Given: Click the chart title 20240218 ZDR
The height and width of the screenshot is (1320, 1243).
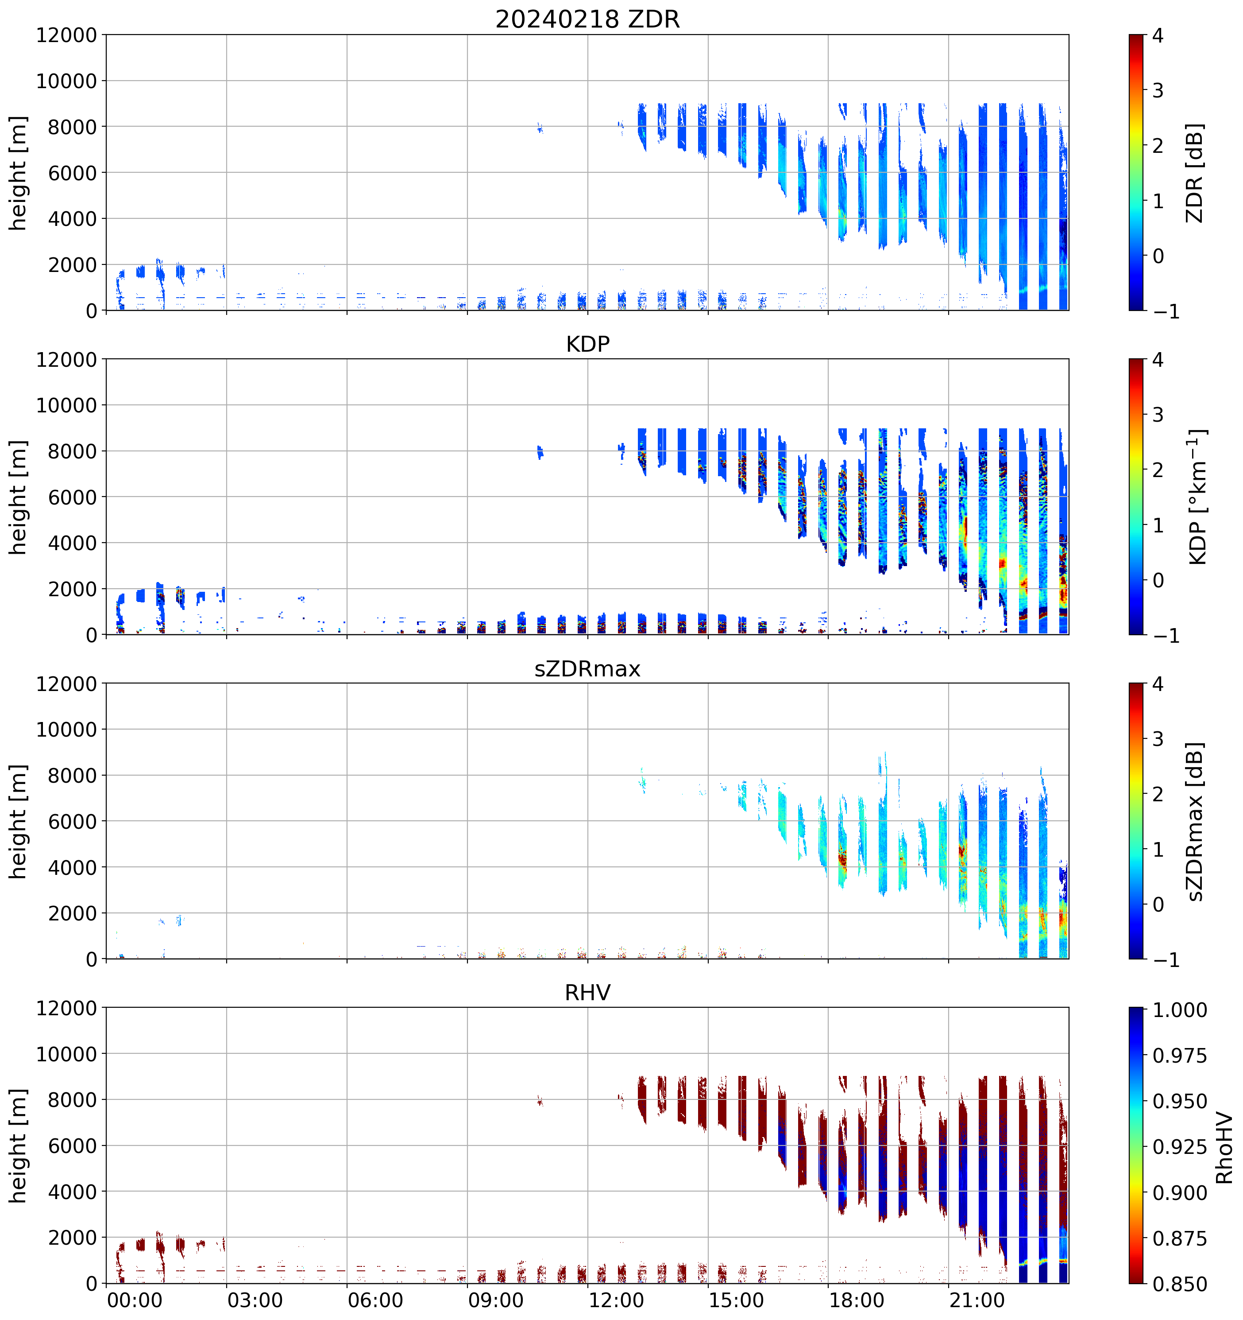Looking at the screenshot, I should [x=587, y=19].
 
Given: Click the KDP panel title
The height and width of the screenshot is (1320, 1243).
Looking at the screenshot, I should [x=587, y=344].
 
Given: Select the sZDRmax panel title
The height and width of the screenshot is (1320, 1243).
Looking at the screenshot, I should [x=587, y=668].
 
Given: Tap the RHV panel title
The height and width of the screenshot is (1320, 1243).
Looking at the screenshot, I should [x=587, y=993].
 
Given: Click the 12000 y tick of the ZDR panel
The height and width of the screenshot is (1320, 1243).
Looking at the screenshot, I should [x=66, y=35].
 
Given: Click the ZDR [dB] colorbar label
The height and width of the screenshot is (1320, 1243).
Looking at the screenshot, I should [x=1195, y=173].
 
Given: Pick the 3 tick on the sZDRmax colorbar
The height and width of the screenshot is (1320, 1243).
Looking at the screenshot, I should [x=1158, y=739].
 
